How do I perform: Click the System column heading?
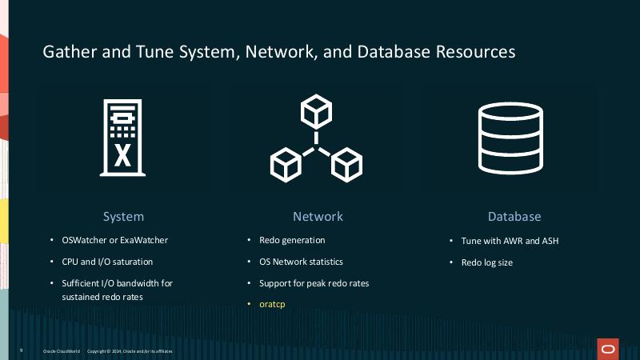(123, 216)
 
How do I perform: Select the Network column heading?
(318, 216)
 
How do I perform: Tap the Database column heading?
(514, 216)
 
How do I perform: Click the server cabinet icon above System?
(122, 137)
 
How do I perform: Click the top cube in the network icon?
(316, 111)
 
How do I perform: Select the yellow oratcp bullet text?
(272, 305)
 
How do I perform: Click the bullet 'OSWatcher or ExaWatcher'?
(114, 240)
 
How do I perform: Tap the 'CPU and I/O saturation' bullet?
(107, 262)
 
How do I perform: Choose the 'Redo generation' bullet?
(292, 240)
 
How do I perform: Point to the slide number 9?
(21, 351)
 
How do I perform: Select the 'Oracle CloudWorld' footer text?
(61, 351)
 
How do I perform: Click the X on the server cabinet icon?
(122, 155)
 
